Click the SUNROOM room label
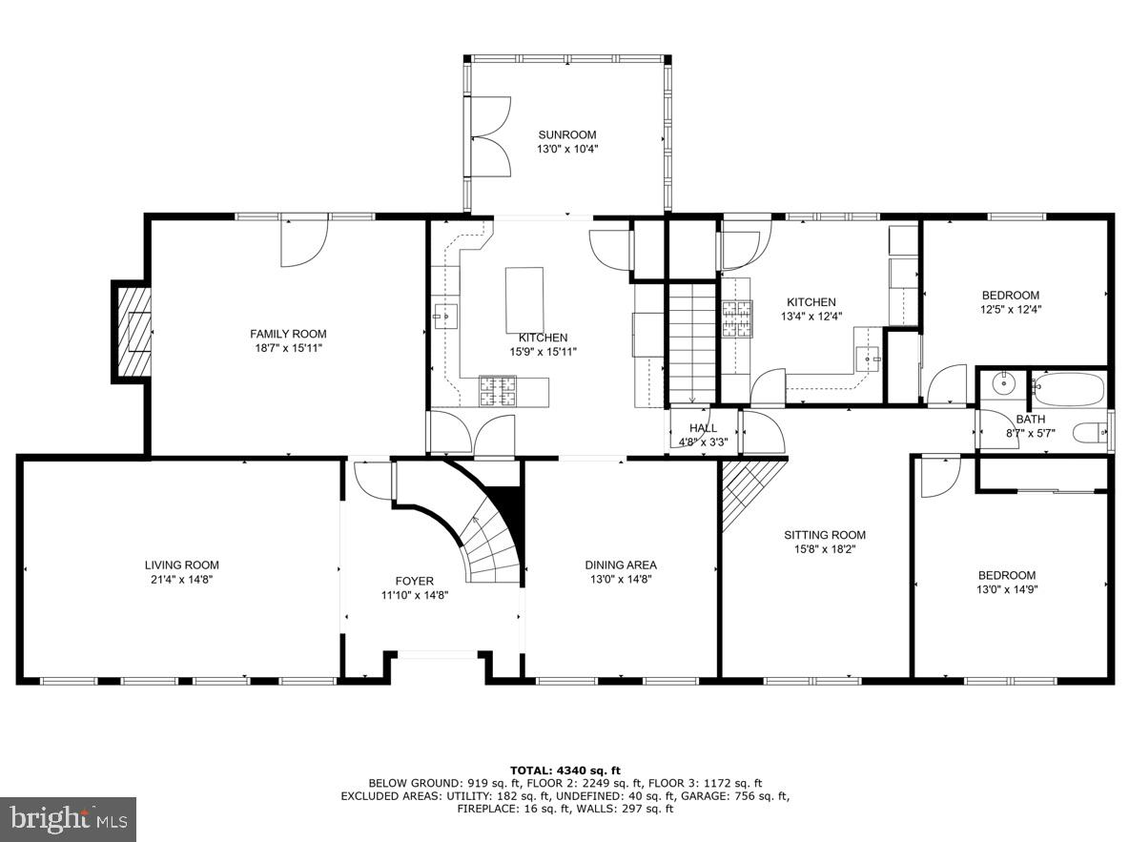click(566, 134)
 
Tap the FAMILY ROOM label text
click(288, 334)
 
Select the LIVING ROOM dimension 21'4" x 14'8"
click(181, 579)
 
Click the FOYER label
click(414, 581)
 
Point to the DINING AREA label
click(620, 565)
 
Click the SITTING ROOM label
click(824, 535)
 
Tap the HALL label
click(703, 428)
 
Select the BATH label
click(1030, 419)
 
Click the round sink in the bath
click(1003, 385)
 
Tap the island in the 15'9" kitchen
click(523, 299)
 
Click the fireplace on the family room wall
click(133, 331)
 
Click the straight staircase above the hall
click(690, 343)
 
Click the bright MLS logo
click(69, 818)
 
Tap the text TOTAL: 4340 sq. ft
click(565, 770)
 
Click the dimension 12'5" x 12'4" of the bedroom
click(1011, 309)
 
